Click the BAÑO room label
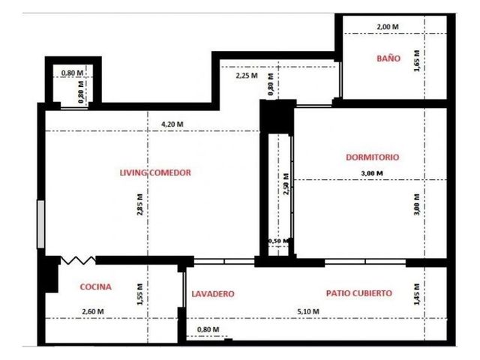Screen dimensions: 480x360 click(x=388, y=58)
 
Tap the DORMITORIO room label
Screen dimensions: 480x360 click(x=373, y=157)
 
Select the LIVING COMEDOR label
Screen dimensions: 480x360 click(x=155, y=172)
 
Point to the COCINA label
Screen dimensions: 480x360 click(x=95, y=286)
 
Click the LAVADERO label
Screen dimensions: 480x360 click(x=213, y=294)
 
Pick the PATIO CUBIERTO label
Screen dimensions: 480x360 click(x=359, y=293)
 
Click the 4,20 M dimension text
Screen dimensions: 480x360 click(x=172, y=124)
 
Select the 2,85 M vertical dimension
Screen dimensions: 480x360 click(x=140, y=205)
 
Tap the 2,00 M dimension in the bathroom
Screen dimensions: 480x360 click(x=388, y=27)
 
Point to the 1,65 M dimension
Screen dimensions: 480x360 click(x=417, y=61)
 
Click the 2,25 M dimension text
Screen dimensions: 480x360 click(x=247, y=75)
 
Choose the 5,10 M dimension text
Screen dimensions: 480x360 click(x=308, y=311)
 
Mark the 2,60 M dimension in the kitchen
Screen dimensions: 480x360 click(x=93, y=311)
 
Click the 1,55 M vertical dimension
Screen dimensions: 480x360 click(x=140, y=294)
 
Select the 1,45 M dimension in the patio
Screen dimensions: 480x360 click(x=417, y=294)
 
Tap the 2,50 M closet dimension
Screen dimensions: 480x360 click(x=286, y=184)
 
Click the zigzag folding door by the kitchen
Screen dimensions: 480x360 click(x=78, y=260)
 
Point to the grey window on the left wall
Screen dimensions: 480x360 click(x=40, y=223)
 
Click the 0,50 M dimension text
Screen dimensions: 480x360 click(x=278, y=241)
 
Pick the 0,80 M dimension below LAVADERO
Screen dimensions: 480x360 click(x=208, y=329)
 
